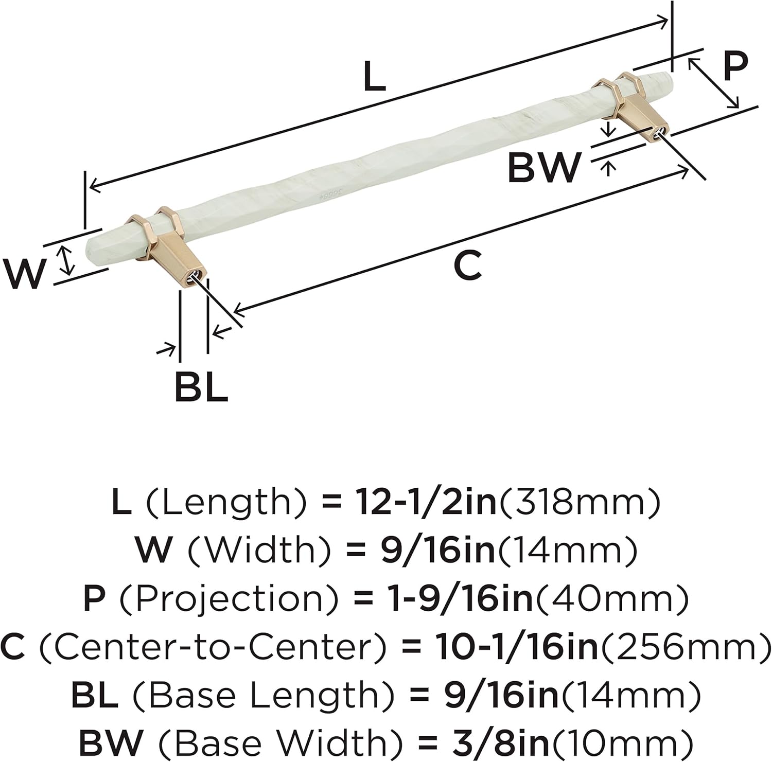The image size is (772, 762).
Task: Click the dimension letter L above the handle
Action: pos(374,77)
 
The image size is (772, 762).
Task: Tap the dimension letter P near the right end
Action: pos(735,66)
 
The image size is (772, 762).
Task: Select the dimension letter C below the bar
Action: pos(467,265)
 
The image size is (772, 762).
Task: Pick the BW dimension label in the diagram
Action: pos(544,167)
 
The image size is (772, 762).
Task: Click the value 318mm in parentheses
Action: pos(579,502)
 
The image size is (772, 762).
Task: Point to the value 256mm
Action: pos(685,647)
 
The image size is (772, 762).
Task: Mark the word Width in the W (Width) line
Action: pos(259,550)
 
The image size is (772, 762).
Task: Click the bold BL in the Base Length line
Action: pos(95,695)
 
